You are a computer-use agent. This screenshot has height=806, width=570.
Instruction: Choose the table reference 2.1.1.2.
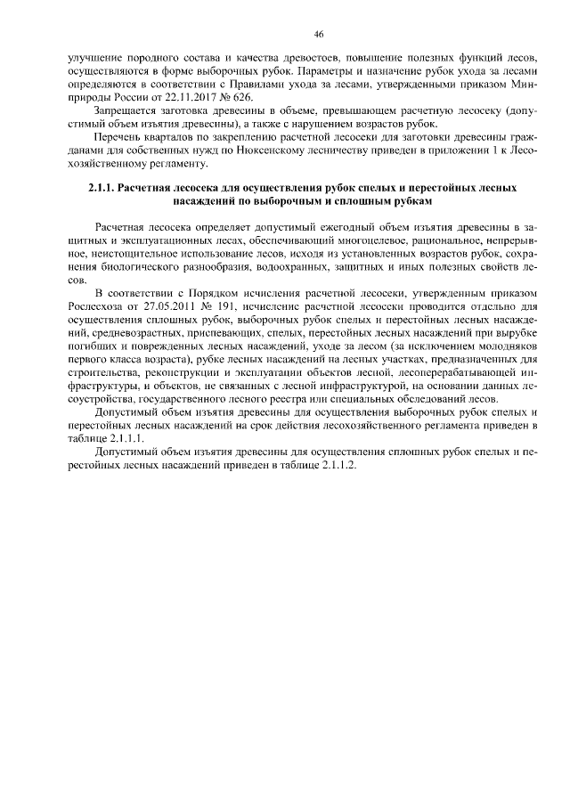click(336, 468)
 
